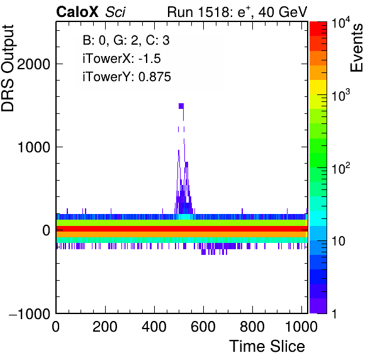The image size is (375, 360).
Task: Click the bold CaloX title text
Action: tap(77, 12)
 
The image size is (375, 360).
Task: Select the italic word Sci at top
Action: tap(115, 12)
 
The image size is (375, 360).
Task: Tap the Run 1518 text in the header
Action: tap(199, 12)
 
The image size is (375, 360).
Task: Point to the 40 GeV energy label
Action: tap(283, 12)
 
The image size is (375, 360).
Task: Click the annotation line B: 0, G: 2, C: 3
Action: tap(126, 40)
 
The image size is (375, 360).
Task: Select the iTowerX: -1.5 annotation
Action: tap(121, 59)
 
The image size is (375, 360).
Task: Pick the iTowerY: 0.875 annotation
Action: tap(126, 77)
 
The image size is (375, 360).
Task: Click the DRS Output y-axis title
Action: tap(8, 68)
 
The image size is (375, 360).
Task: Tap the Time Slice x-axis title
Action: tap(267, 346)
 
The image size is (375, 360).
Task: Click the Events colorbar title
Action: tap(356, 48)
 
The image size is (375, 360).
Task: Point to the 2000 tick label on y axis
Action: tap(33, 64)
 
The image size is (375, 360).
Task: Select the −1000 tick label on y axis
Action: tap(30, 313)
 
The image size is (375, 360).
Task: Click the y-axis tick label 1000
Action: tap(33, 147)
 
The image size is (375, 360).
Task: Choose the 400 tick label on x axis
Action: tap(154, 327)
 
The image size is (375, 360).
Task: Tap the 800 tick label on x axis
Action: tap(252, 327)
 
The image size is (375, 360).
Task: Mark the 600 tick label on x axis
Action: tap(203, 327)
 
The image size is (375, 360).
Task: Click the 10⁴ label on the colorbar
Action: tap(340, 24)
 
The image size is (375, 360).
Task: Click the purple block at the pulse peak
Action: tap(181, 106)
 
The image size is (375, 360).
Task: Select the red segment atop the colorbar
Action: tap(318, 29)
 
